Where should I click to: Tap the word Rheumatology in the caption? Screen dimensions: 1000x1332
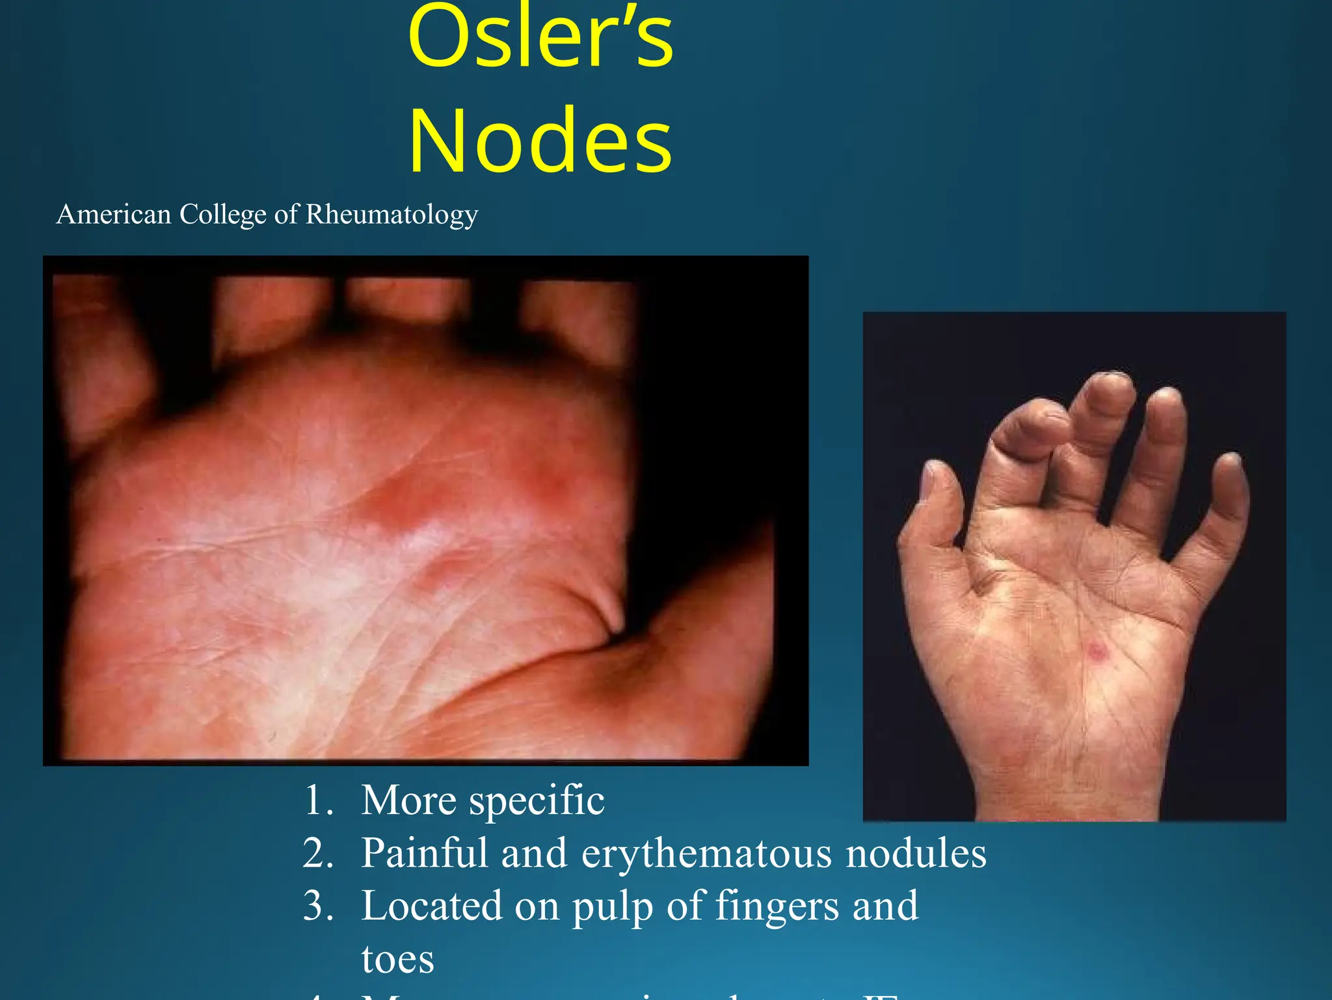click(x=392, y=214)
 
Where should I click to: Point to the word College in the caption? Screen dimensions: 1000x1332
click(x=222, y=214)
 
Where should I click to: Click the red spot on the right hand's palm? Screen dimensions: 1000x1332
click(x=1097, y=650)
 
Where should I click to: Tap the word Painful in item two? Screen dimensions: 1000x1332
click(x=423, y=852)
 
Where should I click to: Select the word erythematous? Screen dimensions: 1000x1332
click(x=706, y=854)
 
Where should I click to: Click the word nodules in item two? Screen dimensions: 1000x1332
click(x=916, y=852)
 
